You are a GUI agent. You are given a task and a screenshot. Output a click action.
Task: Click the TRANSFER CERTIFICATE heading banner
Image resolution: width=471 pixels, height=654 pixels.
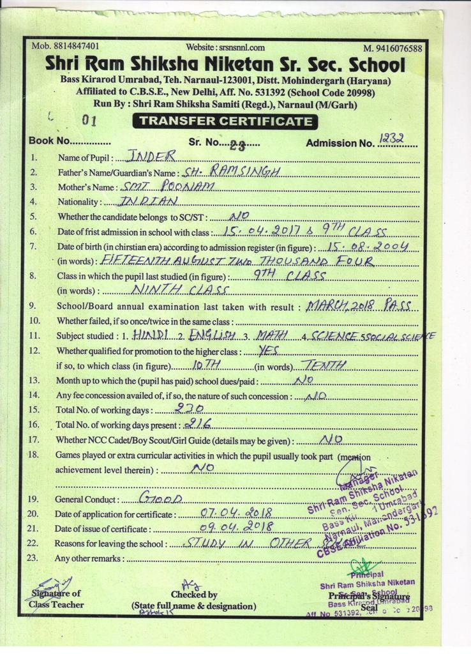[x=226, y=121]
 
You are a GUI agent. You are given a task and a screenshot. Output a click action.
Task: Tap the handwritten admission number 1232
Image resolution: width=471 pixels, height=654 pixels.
[x=394, y=139]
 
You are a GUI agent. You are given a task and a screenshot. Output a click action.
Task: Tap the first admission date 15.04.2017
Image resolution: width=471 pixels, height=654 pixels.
[x=265, y=231]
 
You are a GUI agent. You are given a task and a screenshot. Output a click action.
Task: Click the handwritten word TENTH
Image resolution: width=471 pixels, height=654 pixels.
[x=324, y=365]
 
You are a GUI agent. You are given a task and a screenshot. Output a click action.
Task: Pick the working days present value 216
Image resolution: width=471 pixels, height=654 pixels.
[x=196, y=424]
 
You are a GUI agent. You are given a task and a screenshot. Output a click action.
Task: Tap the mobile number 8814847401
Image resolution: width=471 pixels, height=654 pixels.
[x=75, y=47]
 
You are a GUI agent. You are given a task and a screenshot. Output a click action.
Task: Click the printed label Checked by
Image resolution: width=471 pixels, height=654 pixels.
[x=194, y=595]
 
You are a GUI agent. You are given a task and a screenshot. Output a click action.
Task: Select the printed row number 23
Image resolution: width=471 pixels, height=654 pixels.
[x=34, y=558]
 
